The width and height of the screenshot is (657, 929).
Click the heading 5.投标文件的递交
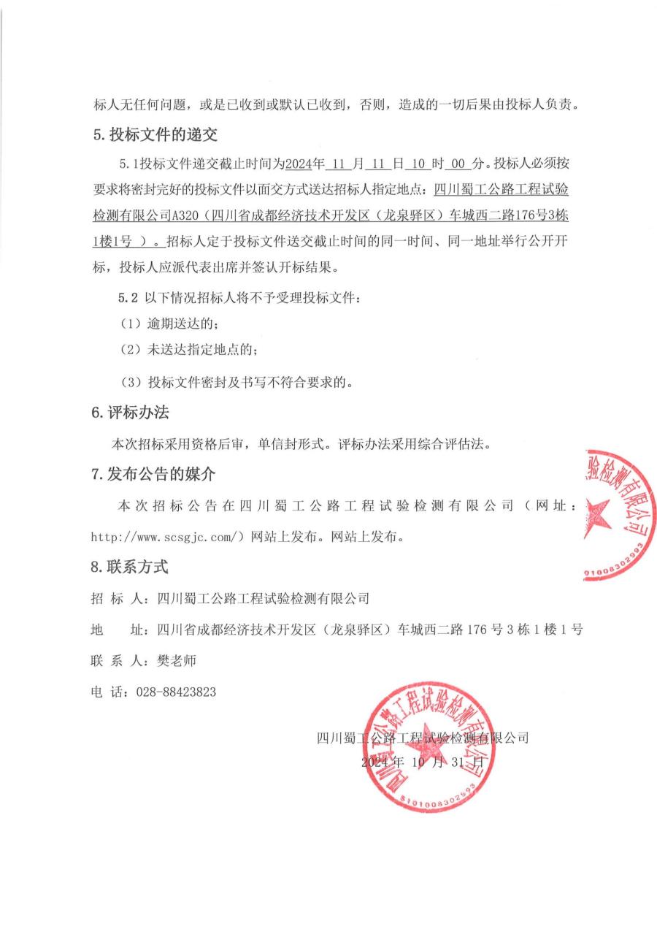tap(154, 135)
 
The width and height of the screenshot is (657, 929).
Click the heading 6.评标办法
tap(130, 412)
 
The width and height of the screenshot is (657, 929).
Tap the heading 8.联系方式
tap(130, 566)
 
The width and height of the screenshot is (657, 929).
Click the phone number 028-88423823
tap(176, 692)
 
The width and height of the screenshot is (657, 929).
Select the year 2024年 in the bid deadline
tap(303, 162)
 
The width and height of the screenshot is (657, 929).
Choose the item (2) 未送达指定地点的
tap(188, 350)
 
